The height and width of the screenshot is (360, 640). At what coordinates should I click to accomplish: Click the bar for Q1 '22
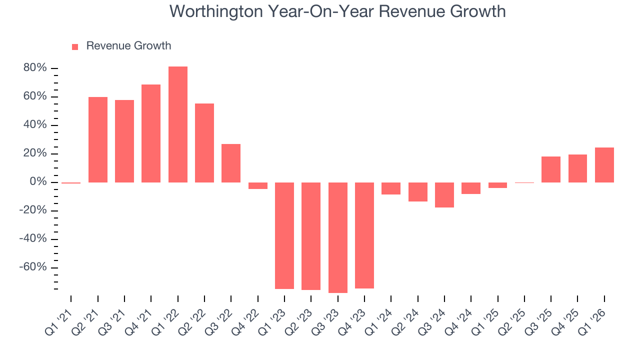click(177, 124)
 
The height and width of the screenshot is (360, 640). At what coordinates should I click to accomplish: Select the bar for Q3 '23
click(337, 237)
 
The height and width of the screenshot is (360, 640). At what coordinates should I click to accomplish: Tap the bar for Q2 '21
click(98, 139)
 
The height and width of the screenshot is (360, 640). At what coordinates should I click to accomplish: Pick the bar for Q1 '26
click(604, 165)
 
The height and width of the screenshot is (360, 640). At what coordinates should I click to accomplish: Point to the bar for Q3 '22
click(231, 163)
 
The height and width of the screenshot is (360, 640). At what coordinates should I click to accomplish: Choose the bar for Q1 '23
click(284, 235)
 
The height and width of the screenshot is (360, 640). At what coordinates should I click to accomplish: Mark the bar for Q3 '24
click(444, 195)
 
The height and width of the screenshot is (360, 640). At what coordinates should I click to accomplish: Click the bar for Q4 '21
click(151, 133)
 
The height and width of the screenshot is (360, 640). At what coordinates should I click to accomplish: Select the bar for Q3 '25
click(550, 169)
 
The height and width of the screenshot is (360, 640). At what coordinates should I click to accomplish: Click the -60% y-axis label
click(33, 267)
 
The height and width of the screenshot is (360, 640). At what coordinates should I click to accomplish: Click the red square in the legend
click(75, 47)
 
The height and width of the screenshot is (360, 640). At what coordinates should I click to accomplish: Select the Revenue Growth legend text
click(128, 46)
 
